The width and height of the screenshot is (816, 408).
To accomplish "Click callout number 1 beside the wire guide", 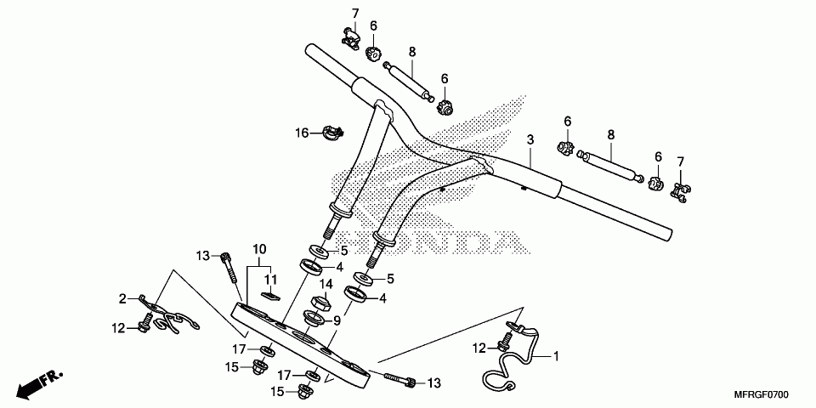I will pyautogui.click(x=558, y=355).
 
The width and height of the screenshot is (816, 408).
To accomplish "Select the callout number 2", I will pyautogui.click(x=122, y=298).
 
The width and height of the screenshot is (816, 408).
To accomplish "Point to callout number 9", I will pyautogui.click(x=337, y=320).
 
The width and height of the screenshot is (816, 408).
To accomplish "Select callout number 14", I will pyautogui.click(x=325, y=284).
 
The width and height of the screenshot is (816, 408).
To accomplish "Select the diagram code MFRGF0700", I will pyautogui.click(x=762, y=396).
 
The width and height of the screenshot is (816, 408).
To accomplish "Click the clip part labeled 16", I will pyautogui.click(x=332, y=132).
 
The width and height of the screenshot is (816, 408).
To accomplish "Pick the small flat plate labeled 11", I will pyautogui.click(x=270, y=296).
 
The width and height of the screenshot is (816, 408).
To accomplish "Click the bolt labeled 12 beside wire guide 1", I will pyautogui.click(x=506, y=341).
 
